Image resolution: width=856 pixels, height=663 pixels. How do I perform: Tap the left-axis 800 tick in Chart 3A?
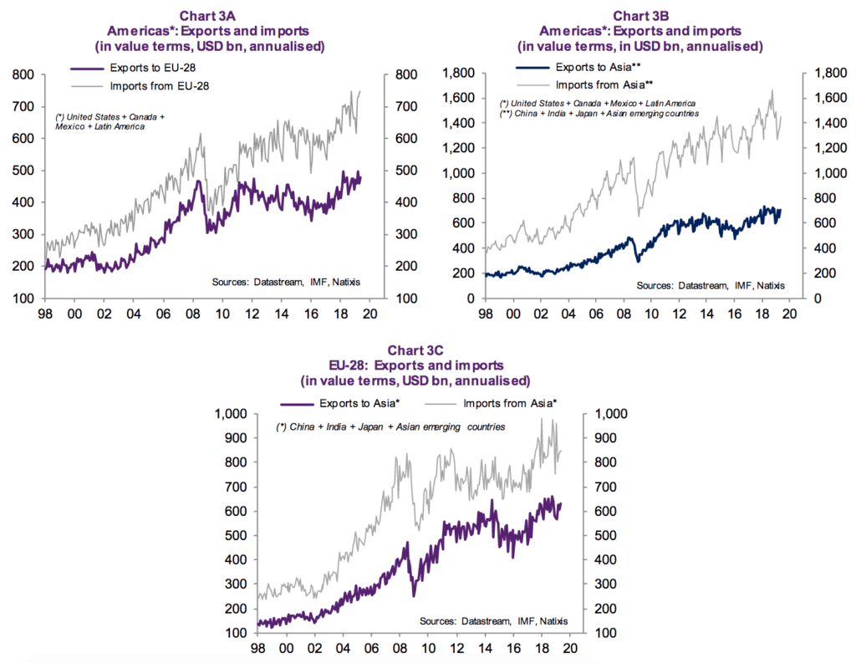[x=23, y=75]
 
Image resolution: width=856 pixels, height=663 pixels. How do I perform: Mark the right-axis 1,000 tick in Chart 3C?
[x=608, y=414]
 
